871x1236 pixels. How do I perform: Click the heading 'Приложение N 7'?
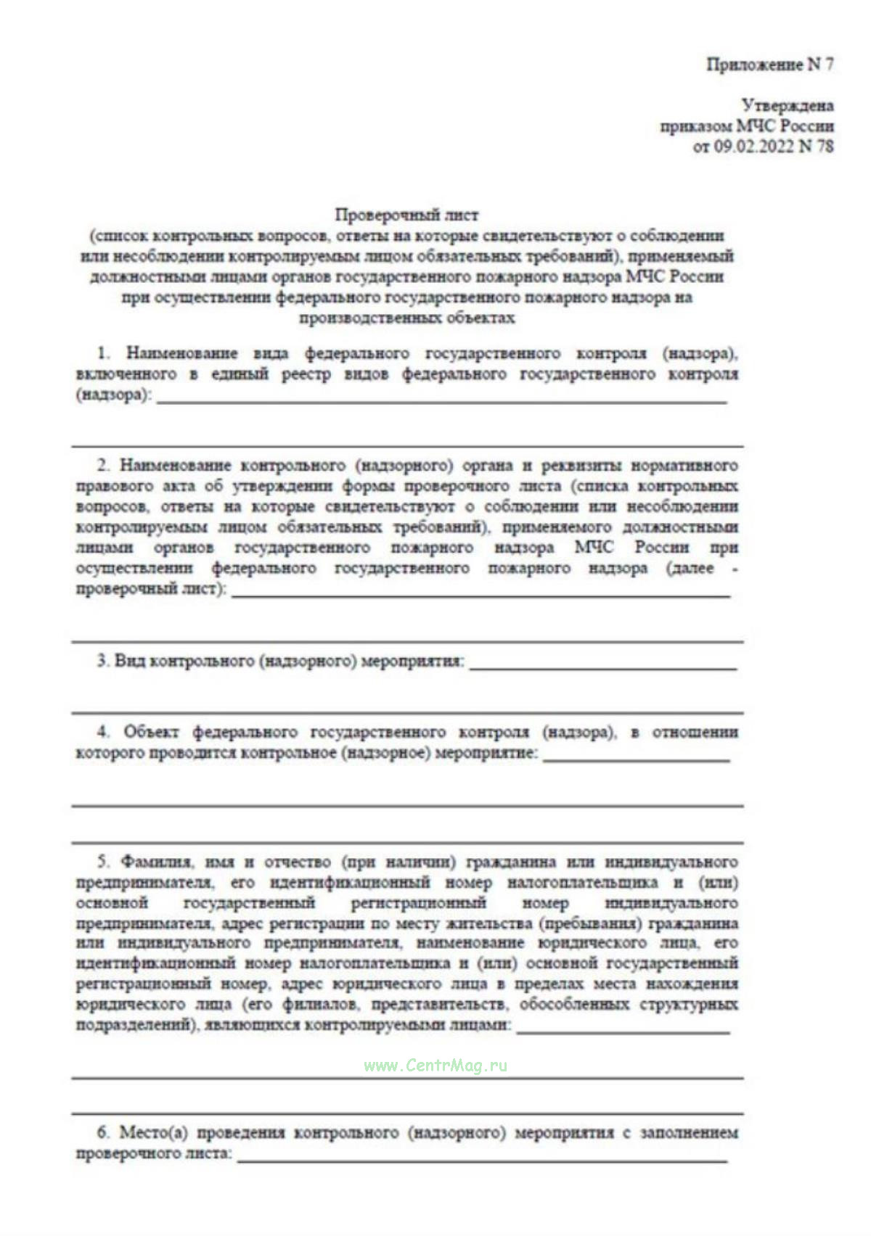click(x=770, y=65)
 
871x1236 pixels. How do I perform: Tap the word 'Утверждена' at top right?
click(x=788, y=106)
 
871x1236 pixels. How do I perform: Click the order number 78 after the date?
click(x=825, y=147)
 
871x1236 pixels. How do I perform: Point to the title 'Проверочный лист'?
click(x=406, y=215)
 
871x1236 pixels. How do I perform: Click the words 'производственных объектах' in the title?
click(x=406, y=318)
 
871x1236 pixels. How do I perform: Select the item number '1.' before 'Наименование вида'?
click(x=104, y=353)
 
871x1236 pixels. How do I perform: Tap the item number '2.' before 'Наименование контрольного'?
click(x=104, y=465)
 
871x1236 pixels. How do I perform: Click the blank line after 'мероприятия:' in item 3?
click(x=602, y=667)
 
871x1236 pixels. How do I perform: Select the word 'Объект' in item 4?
click(x=151, y=732)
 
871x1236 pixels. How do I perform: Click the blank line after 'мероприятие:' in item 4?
click(x=636, y=759)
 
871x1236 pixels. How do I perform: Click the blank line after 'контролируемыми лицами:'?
click(x=623, y=1031)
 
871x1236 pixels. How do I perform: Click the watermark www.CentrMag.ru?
click(x=435, y=1066)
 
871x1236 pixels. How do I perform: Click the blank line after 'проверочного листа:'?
click(x=482, y=1159)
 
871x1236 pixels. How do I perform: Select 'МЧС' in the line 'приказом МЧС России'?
click(x=756, y=126)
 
